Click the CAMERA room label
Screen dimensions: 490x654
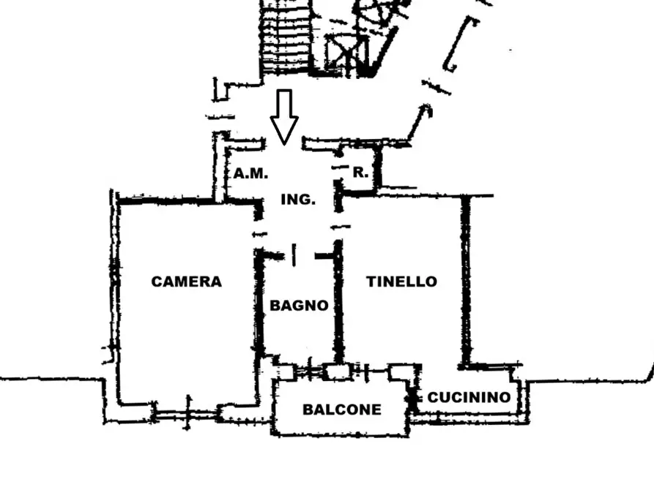186,282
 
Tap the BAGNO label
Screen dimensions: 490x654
299,306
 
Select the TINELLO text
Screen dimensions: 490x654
401,282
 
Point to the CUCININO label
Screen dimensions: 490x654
469,398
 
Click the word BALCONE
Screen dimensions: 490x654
342,410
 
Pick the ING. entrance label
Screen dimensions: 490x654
298,199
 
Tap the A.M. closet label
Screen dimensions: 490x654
251,174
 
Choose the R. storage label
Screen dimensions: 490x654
360,173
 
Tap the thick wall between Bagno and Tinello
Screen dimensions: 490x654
338,307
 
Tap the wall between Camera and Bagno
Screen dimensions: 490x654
259,307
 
